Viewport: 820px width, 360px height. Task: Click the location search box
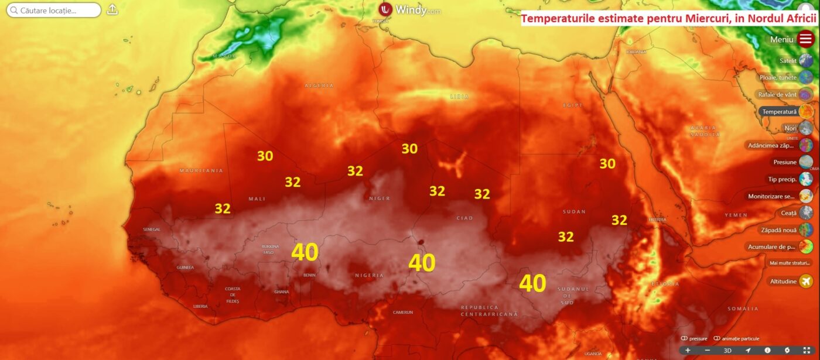(54, 10)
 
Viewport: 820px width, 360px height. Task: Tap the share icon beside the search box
(112, 10)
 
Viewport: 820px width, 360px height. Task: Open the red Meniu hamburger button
(806, 39)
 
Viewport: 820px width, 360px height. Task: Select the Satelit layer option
(806, 61)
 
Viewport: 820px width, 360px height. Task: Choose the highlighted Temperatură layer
(806, 111)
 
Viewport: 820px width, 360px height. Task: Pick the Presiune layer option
(806, 162)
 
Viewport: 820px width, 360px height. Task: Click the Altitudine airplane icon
(806, 282)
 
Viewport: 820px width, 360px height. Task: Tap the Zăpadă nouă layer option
(806, 230)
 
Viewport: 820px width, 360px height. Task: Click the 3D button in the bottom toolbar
(727, 351)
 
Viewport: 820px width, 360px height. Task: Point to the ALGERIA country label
(319, 85)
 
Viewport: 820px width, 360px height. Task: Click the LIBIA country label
(459, 96)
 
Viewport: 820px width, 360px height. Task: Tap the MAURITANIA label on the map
(201, 170)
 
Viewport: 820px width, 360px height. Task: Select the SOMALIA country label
(743, 308)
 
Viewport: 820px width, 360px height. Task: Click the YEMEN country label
(736, 215)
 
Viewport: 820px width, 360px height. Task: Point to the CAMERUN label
(403, 312)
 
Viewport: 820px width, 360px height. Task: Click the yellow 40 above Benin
(305, 252)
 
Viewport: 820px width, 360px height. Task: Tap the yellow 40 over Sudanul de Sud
(532, 283)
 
